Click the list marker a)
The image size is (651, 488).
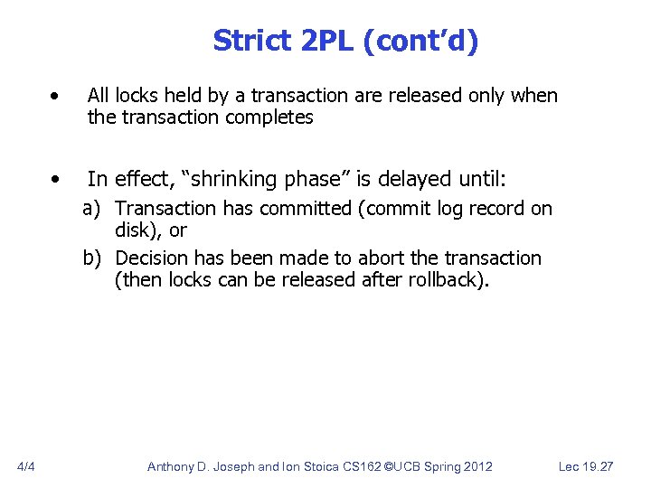93,209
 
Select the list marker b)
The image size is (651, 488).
93,258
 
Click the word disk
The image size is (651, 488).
133,230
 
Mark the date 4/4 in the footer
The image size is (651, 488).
26,466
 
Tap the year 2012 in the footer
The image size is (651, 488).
476,466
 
